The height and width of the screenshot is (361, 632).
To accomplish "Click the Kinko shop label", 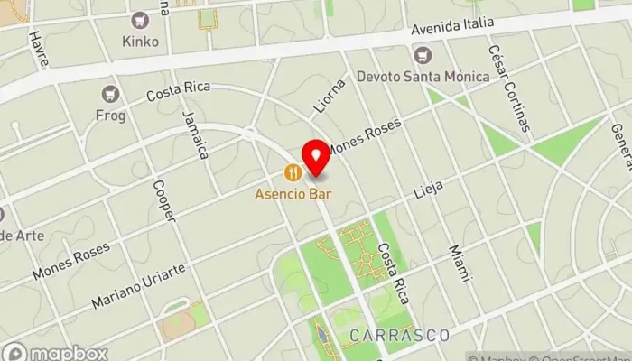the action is [x=140, y=42].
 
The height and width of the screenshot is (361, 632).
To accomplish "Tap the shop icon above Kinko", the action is [x=140, y=20].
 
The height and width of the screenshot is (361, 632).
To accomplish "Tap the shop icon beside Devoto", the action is [x=423, y=56].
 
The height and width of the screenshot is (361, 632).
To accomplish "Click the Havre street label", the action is [x=39, y=46].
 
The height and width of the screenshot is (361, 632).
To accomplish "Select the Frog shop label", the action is [x=111, y=116].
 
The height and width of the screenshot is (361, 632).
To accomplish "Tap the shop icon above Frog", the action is [x=111, y=94].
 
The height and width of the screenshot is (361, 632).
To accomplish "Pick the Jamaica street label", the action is [x=195, y=134].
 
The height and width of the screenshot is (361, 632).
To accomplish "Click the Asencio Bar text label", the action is [x=293, y=193].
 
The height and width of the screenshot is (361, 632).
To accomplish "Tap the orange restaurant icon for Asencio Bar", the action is [x=293, y=171].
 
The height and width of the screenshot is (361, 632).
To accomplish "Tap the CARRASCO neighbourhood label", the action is [x=399, y=335].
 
